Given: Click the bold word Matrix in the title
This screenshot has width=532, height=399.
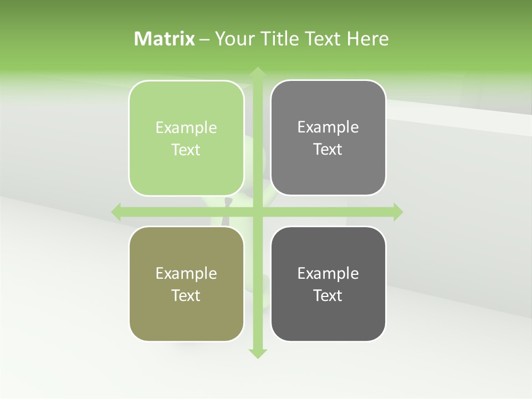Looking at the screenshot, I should pos(165,39).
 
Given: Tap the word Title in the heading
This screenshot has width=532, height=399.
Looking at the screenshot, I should pos(279,39).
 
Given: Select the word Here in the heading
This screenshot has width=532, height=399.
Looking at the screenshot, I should pos(368,39).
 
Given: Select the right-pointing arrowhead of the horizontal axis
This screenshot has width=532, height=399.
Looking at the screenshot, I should pos(397,212).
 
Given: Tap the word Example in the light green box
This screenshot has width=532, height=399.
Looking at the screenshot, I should pos(186,128).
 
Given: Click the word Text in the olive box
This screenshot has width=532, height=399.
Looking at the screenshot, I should pos(186,295).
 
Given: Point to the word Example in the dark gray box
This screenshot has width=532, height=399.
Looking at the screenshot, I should pos(328,273).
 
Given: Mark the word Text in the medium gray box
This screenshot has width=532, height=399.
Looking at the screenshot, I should pos(328,149).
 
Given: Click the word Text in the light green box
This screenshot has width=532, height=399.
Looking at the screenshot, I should pos(186,150).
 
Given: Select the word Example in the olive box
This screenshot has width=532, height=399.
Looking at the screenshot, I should pos(186,273).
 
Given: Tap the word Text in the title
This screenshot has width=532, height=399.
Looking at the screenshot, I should pos(323,39).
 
